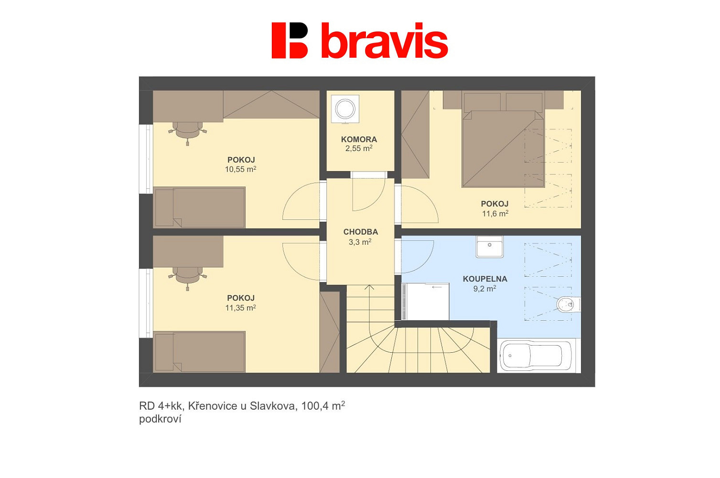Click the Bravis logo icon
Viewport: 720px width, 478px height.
tap(290, 40)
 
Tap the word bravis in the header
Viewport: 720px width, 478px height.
tap(385, 40)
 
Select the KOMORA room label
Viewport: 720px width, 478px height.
tap(359, 139)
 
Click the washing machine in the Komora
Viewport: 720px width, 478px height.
tap(345, 109)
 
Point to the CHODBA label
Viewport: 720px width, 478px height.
tap(360, 232)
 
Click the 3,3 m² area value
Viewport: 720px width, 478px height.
tap(360, 241)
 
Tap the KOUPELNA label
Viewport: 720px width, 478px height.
tap(485, 279)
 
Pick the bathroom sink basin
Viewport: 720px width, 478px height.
tap(490, 247)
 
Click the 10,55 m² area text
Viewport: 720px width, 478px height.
tap(240, 169)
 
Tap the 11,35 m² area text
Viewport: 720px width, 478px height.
tap(240, 307)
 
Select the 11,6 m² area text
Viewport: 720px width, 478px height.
tap(495, 213)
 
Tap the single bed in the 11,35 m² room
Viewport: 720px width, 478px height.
tap(199, 352)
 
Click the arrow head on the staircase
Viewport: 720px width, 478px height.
tap(369, 287)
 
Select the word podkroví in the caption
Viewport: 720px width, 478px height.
tap(160, 419)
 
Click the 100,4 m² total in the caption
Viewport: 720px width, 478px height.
tap(323, 406)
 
